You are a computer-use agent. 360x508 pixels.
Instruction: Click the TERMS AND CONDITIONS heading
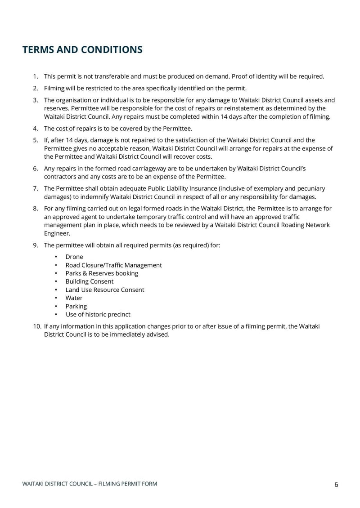(x=82, y=50)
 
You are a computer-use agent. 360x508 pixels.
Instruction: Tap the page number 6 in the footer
(x=336, y=484)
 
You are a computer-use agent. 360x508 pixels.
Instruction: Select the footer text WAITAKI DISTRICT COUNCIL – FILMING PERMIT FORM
(x=90, y=484)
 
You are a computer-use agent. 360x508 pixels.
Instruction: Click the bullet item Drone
(x=74, y=257)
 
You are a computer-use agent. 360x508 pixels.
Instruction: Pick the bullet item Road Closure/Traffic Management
(x=113, y=265)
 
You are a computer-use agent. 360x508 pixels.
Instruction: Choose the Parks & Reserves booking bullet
(x=102, y=273)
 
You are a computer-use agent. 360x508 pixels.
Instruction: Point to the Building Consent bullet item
(x=90, y=281)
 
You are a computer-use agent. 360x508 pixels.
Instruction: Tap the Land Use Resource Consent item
(x=105, y=290)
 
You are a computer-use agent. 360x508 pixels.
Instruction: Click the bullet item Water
(x=74, y=298)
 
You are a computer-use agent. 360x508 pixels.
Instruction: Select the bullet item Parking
(x=76, y=307)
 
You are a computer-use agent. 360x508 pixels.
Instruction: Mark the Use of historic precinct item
(x=98, y=315)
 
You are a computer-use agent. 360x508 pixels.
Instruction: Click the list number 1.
(x=35, y=76)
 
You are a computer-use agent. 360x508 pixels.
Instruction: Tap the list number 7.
(x=35, y=189)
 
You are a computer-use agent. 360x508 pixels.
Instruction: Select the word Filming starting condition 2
(x=54, y=89)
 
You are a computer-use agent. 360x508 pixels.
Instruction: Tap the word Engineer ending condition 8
(x=57, y=233)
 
